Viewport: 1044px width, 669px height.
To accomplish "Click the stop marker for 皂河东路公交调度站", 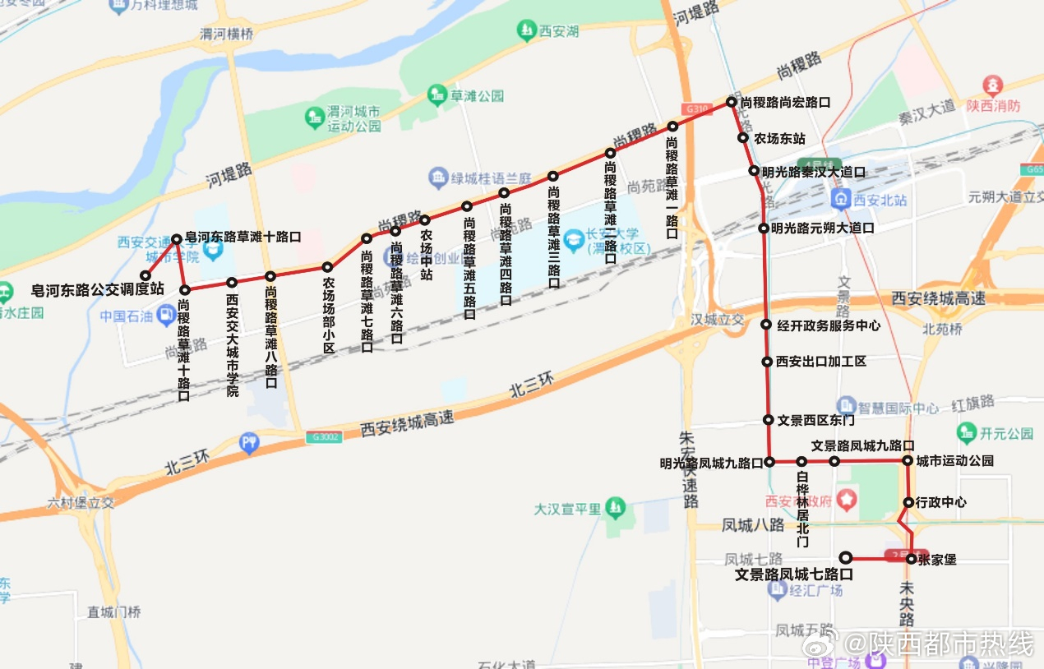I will pos(146,275).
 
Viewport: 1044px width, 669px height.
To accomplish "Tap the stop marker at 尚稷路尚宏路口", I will pos(731,102).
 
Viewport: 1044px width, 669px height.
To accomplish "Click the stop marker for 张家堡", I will pos(911,559).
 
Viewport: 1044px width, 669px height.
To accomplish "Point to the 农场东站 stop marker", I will pos(743,138).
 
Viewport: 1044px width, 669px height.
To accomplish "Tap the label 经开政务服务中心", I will pos(829,325).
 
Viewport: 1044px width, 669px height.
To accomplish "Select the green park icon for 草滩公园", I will pos(436,95).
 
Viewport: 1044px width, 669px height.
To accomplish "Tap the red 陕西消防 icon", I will pos(993,85).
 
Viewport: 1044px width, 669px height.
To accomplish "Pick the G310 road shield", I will pos(695,108).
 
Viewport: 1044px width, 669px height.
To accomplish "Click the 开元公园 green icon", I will pos(967,433).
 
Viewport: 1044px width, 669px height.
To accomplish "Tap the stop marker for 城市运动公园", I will pos(908,461).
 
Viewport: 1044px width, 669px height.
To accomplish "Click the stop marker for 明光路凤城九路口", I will pos(769,462).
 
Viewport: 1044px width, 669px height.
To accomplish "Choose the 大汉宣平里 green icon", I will pos(615,509).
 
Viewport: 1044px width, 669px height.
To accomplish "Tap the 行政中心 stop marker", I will pos(908,502).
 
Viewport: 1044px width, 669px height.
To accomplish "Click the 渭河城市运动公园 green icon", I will pos(315,118).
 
